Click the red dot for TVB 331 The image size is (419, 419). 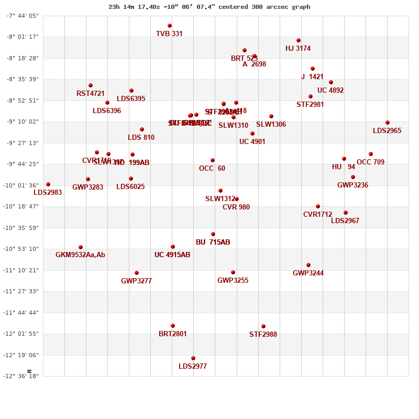coord(170,26)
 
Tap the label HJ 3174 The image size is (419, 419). coord(298,49)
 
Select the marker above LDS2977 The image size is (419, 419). coord(193,358)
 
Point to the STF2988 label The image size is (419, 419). coord(263,335)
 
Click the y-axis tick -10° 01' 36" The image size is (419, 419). coord(19,185)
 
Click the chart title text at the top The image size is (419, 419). coord(210,7)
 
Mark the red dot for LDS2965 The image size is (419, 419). coord(388,123)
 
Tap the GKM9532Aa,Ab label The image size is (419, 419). coord(80,255)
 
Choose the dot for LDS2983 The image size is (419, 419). coord(48,184)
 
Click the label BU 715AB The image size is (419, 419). coord(213,242)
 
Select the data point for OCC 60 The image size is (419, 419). coord(213,160)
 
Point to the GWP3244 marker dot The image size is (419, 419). coord(308,265)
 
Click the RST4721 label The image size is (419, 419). coord(91,94)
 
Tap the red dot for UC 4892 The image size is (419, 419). coord(331,82)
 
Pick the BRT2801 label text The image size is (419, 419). coord(172,334)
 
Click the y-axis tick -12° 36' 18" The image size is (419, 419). coord(19,376)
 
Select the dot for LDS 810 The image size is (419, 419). coord(142,129)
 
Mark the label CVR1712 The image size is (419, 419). coord(317,215)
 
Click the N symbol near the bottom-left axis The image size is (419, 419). coord(30,371)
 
